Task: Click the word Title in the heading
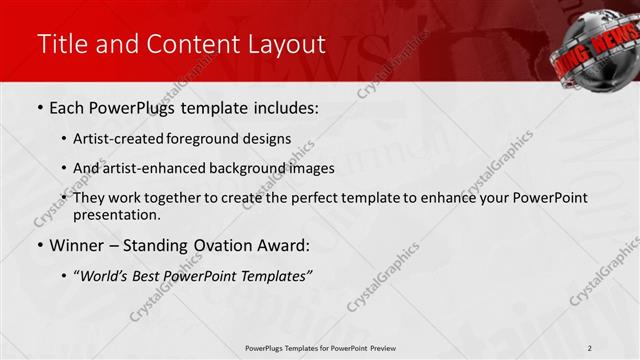pyautogui.click(x=60, y=44)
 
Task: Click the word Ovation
pyautogui.click(x=226, y=245)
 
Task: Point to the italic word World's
pyautogui.click(x=104, y=276)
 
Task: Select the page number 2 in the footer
pyautogui.click(x=591, y=348)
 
